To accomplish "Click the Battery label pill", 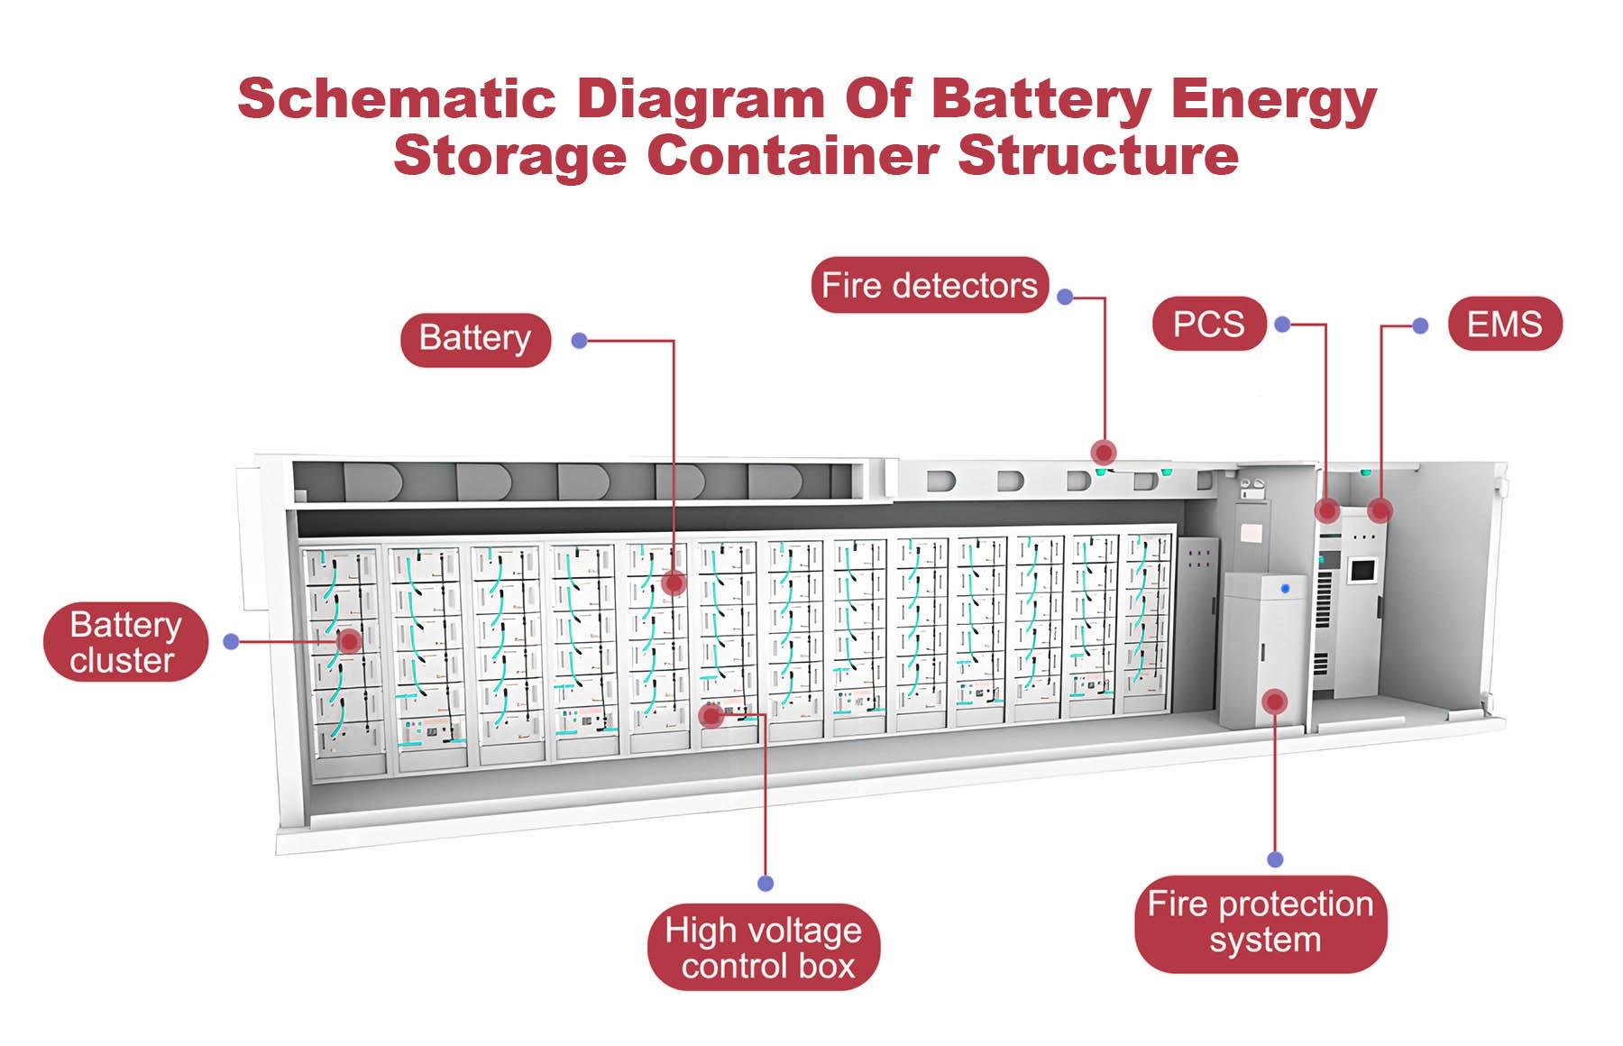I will tap(475, 339).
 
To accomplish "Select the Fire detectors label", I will tap(930, 286).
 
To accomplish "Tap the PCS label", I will tap(1208, 324).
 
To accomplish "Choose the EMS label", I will tap(1504, 324).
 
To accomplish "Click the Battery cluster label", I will tap(125, 642).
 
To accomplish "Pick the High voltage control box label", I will tap(763, 948).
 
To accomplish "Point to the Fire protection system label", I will tap(1260, 922).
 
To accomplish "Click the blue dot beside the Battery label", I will tap(580, 341).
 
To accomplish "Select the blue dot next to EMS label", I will tap(1420, 326).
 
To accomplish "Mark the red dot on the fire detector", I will tap(1104, 452).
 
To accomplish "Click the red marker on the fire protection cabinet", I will tap(1274, 702).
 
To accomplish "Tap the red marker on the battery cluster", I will tap(349, 641).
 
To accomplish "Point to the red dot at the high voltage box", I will tap(711, 716).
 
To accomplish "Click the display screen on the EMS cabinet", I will tap(1361, 570).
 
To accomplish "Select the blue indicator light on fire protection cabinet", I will tap(1285, 588).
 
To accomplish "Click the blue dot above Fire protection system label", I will tap(1275, 859).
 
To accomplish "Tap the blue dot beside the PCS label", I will tap(1283, 324).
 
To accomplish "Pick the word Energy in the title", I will tap(1273, 98).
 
